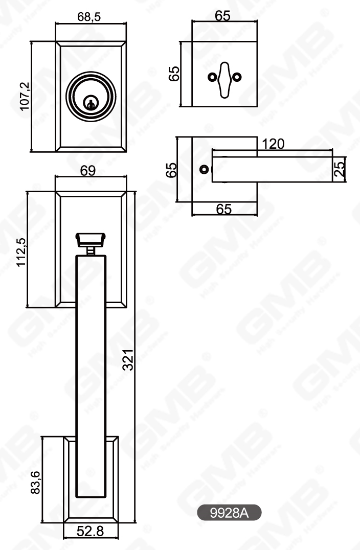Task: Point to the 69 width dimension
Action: tap(88, 171)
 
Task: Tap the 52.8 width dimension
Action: tap(90, 531)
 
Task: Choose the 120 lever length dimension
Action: tap(273, 144)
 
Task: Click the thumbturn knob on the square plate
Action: tap(224, 79)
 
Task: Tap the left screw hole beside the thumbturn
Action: tap(212, 77)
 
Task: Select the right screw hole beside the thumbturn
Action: tap(236, 77)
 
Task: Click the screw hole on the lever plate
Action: tap(204, 169)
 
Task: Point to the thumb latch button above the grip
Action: tap(90, 239)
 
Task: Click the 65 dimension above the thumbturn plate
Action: tap(223, 15)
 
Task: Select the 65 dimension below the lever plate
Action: tap(223, 209)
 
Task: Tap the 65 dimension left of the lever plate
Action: tap(172, 169)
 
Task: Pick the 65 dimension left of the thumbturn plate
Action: tap(174, 74)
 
